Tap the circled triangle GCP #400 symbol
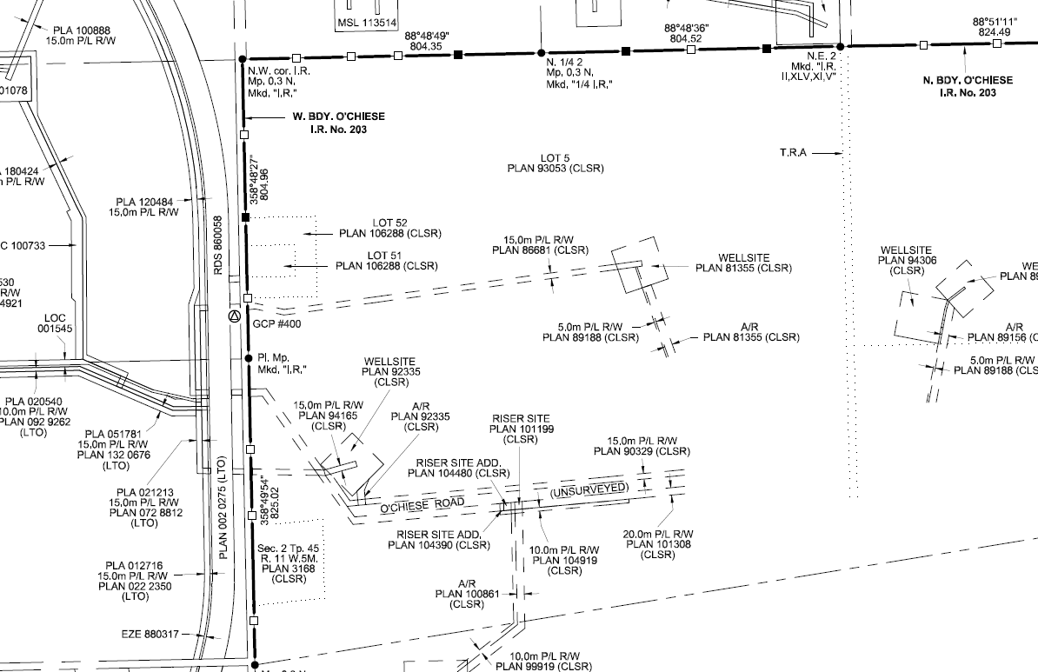coord(233,316)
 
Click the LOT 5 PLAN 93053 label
coord(556,163)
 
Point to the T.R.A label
coord(793,153)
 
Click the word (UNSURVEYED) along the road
coord(588,490)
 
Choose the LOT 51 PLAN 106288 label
coord(387,261)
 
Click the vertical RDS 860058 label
coord(218,247)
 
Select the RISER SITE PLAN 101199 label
coord(522,429)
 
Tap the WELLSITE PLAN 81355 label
coord(744,263)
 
